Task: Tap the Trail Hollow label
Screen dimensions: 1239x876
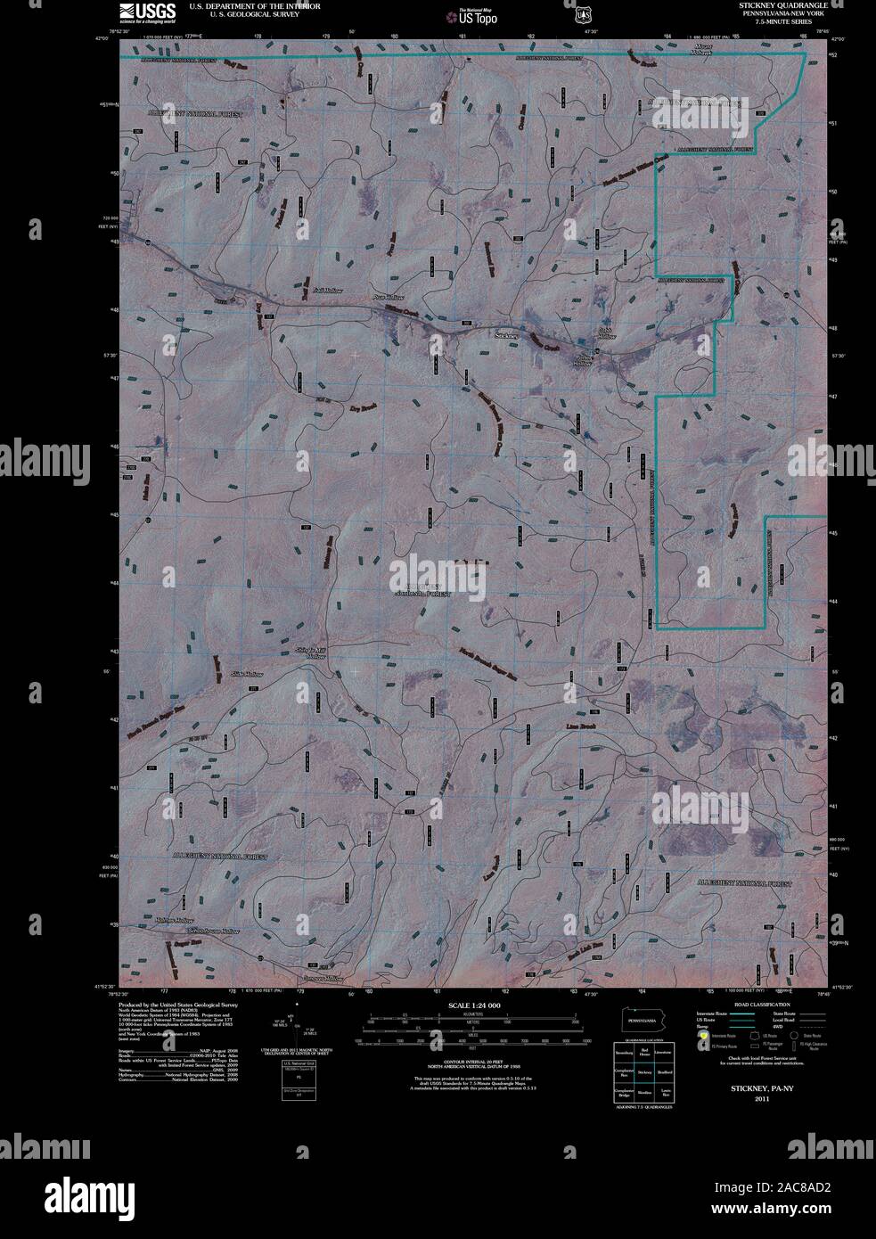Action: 328,291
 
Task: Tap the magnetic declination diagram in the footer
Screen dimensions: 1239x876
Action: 299,1025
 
